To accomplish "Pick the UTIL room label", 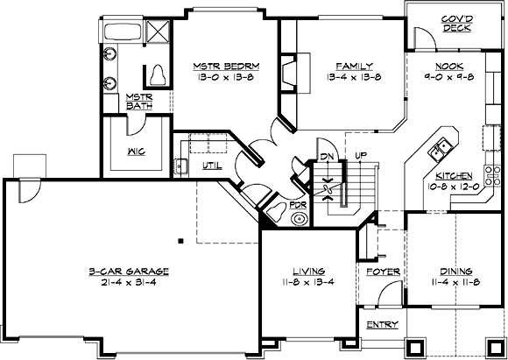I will coord(211,164).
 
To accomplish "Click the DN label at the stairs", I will coord(327,157).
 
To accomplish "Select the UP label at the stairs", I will coord(359,157).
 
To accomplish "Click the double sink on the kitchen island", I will coord(438,150).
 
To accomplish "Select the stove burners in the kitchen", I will coord(489,138).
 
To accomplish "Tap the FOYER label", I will coord(383,272).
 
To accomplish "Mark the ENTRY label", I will coord(382,325).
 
